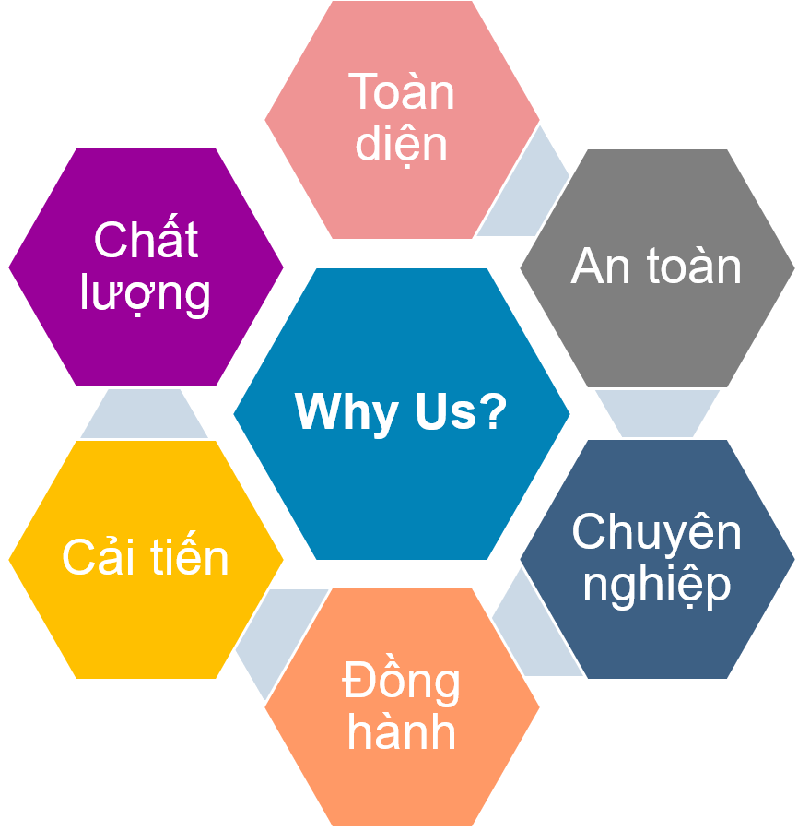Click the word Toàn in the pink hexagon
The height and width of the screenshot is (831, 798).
click(402, 92)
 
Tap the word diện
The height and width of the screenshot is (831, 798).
click(402, 144)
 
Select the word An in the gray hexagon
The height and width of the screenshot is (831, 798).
click(596, 267)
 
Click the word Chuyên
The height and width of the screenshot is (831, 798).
click(656, 532)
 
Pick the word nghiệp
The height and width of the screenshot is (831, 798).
click(656, 585)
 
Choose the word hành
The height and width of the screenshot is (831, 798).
click(402, 732)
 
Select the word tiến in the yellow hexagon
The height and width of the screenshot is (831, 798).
click(189, 558)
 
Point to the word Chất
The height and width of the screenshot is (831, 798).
click(146, 241)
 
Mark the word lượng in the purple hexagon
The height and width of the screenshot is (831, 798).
click(146, 294)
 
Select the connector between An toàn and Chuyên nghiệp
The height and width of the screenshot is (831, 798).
click(657, 412)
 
